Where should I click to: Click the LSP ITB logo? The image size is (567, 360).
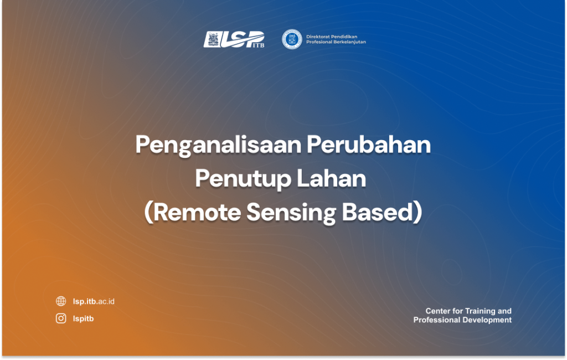point(234,39)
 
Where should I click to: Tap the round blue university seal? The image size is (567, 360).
point(292,39)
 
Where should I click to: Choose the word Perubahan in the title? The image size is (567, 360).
point(369,145)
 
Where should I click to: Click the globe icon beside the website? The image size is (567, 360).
point(61,301)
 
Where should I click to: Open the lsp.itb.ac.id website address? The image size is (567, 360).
point(94,301)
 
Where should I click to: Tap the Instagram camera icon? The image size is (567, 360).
point(61,318)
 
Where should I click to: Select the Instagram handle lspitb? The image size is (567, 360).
point(83,319)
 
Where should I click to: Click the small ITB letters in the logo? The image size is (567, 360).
point(258,45)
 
